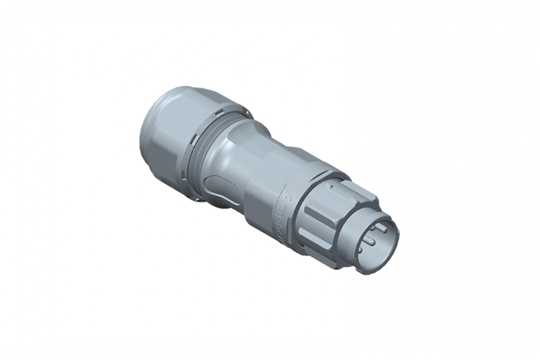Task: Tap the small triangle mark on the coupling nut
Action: (x=329, y=188)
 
